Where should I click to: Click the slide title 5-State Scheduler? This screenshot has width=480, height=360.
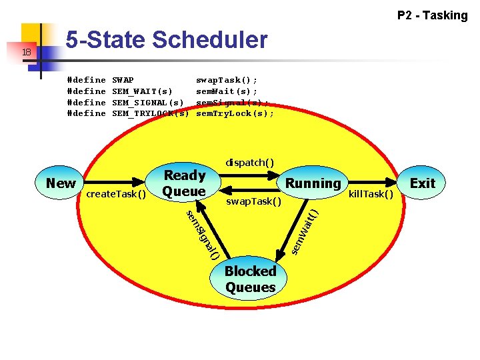(166, 41)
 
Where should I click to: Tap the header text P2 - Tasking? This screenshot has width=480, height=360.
(432, 15)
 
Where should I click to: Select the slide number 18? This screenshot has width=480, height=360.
(25, 52)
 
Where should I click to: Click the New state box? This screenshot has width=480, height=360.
(61, 183)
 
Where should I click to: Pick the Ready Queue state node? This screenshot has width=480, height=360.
(184, 183)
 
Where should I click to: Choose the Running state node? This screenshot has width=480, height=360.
(313, 183)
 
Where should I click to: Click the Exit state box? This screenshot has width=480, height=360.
(422, 183)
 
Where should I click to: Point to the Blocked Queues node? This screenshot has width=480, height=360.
(250, 279)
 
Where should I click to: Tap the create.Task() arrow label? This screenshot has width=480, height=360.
(116, 194)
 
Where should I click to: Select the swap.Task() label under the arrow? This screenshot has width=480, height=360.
(254, 201)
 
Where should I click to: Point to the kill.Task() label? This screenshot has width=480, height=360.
(371, 194)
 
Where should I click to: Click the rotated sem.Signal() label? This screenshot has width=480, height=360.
(202, 234)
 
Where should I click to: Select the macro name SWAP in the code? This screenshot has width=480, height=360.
(123, 79)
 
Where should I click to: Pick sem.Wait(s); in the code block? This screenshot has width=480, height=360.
(227, 91)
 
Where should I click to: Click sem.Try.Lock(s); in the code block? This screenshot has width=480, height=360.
(235, 113)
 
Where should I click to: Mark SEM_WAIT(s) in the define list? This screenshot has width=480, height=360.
(142, 91)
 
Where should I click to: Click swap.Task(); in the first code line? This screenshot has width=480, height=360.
(227, 79)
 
